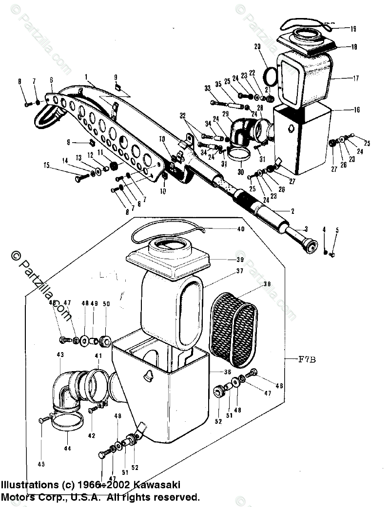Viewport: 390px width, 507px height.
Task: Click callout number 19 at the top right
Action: pyautogui.click(x=353, y=29)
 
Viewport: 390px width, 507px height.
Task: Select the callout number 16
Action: pyautogui.click(x=357, y=110)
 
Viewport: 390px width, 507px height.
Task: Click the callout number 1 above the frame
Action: pyautogui.click(x=86, y=77)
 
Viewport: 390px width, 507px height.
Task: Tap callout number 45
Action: pyautogui.click(x=41, y=464)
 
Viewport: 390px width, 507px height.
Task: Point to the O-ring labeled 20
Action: pyautogui.click(x=269, y=75)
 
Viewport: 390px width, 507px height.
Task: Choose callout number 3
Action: pyautogui.click(x=306, y=229)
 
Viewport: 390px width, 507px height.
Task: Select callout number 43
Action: pyautogui.click(x=60, y=355)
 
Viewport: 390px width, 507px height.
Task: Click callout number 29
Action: pyautogui.click(x=225, y=113)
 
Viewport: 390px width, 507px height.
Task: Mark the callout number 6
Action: pyautogui.click(x=51, y=80)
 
